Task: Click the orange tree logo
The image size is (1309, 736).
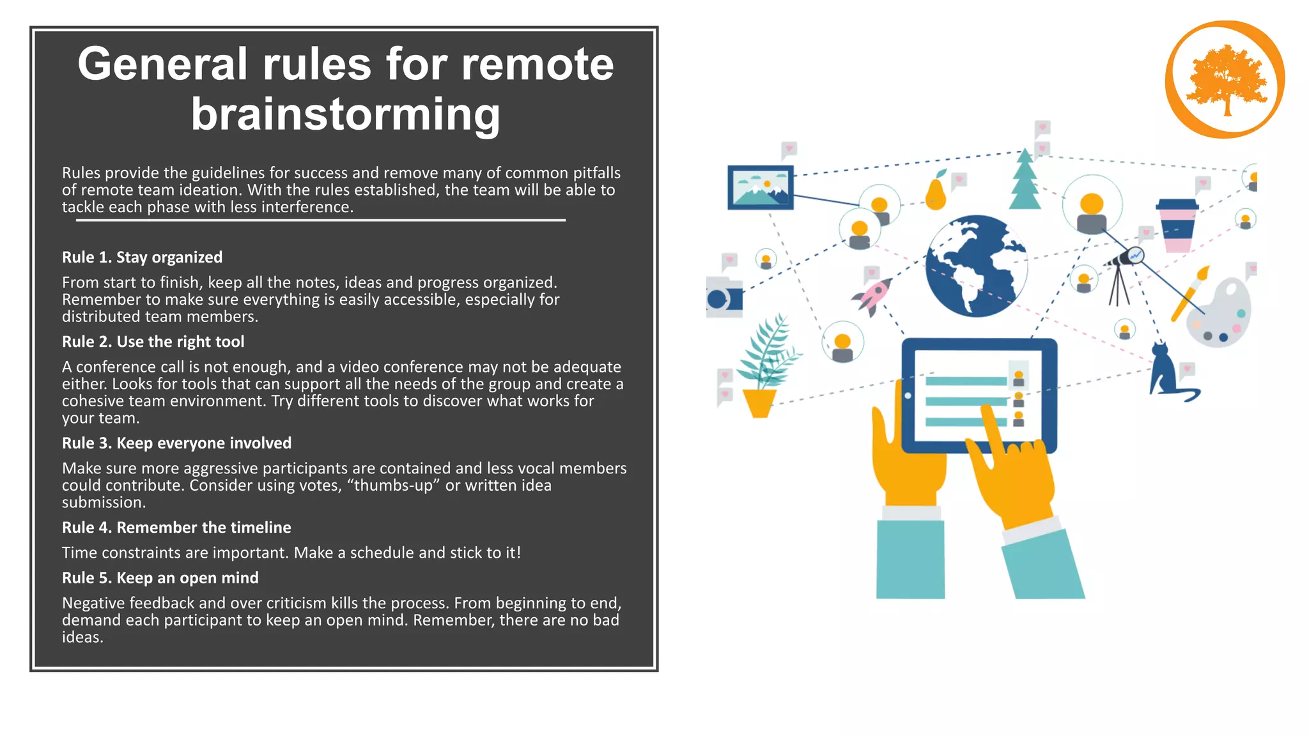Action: pyautogui.click(x=1225, y=80)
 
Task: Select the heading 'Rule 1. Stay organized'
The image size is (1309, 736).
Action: pyautogui.click(x=142, y=257)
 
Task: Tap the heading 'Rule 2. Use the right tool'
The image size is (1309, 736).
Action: pyautogui.click(x=153, y=341)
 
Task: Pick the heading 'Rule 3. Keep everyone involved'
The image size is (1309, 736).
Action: pyautogui.click(x=176, y=443)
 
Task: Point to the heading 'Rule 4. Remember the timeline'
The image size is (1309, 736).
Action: pyautogui.click(x=176, y=527)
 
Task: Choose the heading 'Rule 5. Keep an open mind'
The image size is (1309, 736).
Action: pyautogui.click(x=160, y=578)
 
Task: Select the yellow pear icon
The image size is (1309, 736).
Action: pyautogui.click(x=936, y=192)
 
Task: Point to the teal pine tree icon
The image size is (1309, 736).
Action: pyautogui.click(x=1025, y=180)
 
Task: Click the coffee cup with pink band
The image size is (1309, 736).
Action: pyautogui.click(x=1177, y=226)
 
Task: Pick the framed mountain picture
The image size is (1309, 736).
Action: pyautogui.click(x=760, y=187)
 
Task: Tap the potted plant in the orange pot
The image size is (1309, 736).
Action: pyautogui.click(x=764, y=371)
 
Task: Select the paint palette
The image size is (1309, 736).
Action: pyautogui.click(x=1220, y=313)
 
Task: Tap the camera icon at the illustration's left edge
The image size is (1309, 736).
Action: pyautogui.click(x=724, y=298)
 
